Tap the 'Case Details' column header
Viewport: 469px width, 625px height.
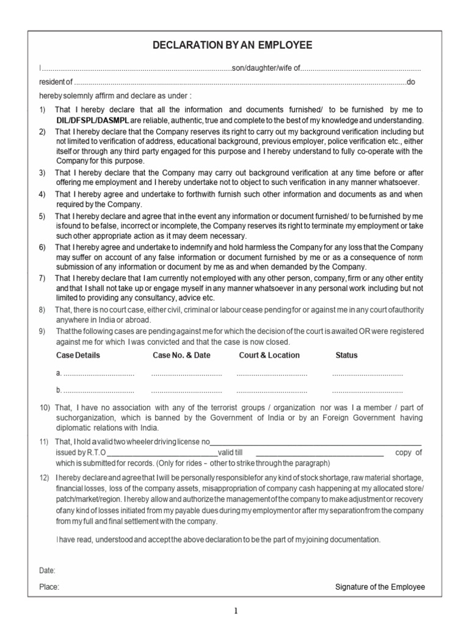tap(78, 355)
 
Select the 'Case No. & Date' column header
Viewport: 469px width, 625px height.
tap(181, 355)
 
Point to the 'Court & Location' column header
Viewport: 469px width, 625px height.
tap(269, 355)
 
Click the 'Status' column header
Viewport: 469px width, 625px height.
tap(347, 355)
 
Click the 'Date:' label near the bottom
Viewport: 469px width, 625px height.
tap(47, 570)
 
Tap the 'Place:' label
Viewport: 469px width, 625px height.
tap(49, 587)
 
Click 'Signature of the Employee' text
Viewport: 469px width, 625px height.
tap(380, 587)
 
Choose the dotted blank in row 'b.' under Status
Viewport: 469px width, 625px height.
tap(367, 390)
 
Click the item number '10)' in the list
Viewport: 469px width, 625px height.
tap(45, 408)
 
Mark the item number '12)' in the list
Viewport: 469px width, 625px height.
tap(45, 477)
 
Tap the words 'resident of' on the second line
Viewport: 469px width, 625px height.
tap(55, 82)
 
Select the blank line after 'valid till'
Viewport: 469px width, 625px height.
tap(319, 453)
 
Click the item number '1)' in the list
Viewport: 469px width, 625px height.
tap(42, 109)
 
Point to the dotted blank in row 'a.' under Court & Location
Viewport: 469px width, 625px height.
tap(272, 374)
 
